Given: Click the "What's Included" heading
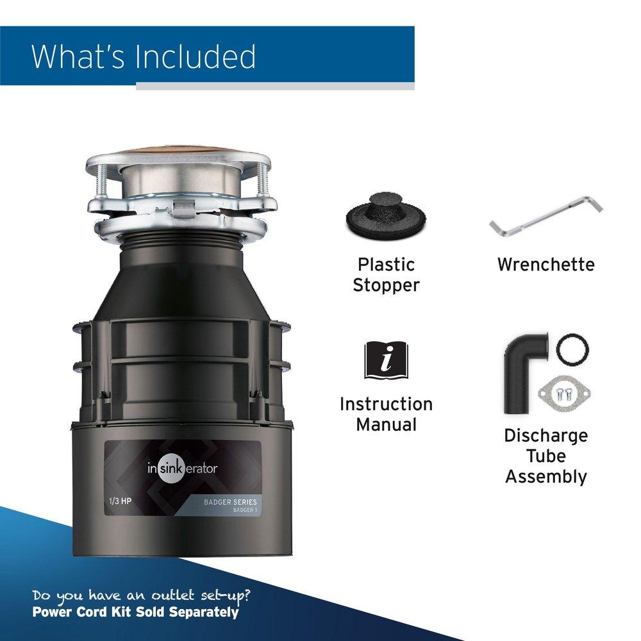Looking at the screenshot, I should (144, 56).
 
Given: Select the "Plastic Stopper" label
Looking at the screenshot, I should (386, 274).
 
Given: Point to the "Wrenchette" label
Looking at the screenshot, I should (545, 264).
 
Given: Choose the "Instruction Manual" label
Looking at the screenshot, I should (386, 414).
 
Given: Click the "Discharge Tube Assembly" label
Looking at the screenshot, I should (545, 456).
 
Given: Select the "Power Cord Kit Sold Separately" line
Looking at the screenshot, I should (135, 612).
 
